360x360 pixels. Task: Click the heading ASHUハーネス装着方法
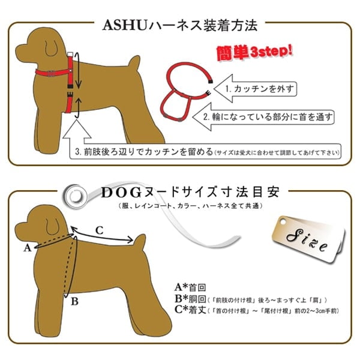tap(179, 25)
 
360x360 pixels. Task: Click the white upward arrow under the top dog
tap(80, 128)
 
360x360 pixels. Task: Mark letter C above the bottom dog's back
tap(100, 229)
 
